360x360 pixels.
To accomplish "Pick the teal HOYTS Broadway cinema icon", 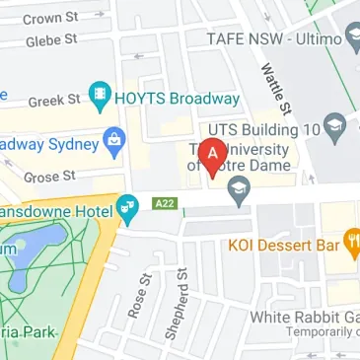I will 99,98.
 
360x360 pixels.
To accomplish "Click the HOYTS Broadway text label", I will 178,99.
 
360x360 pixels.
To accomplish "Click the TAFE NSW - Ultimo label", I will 275,38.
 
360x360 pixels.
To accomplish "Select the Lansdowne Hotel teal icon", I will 126,208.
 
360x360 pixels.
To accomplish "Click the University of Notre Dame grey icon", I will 238,198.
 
